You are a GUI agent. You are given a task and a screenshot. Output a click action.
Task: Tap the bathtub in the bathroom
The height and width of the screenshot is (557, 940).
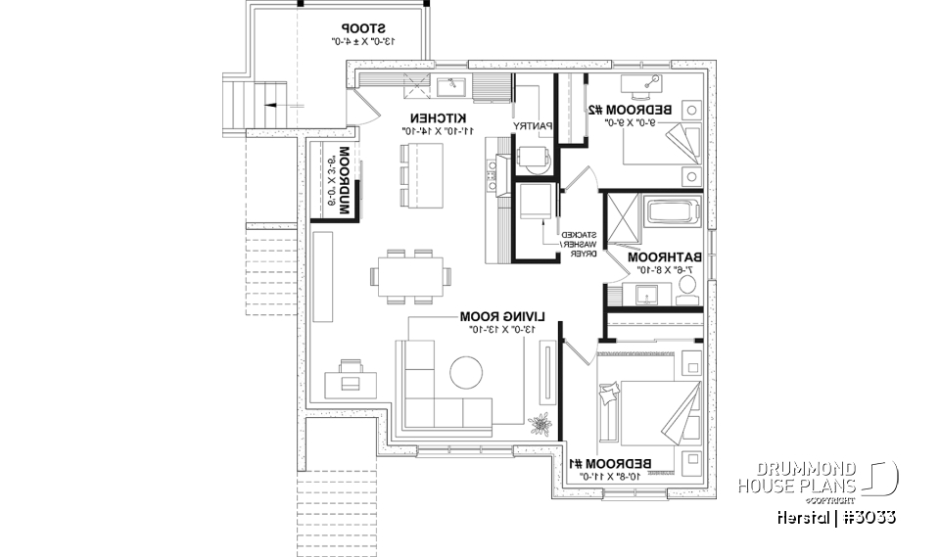pyautogui.click(x=673, y=210)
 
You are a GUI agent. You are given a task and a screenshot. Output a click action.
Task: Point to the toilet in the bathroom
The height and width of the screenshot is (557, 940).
pyautogui.click(x=686, y=285)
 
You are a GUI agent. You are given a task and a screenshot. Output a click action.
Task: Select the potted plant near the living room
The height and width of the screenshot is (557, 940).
pyautogui.click(x=537, y=424)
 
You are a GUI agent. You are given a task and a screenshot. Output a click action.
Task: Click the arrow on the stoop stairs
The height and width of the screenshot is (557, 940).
pyautogui.click(x=274, y=105)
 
